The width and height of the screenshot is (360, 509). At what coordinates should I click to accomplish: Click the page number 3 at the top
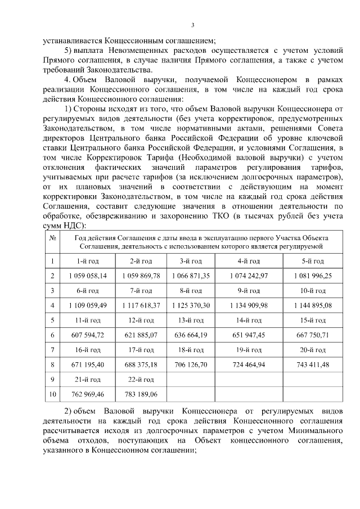coord(193,25)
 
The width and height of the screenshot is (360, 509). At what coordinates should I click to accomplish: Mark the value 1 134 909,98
coord(248,305)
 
